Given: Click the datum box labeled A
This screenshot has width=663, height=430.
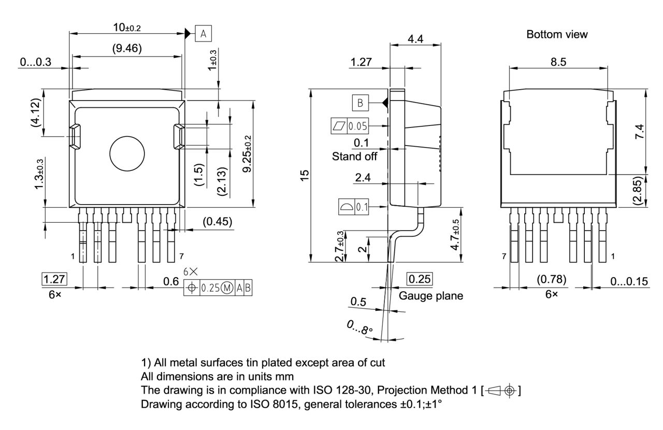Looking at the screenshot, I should click(204, 34).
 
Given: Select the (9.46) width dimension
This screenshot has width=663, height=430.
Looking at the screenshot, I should click(127, 49).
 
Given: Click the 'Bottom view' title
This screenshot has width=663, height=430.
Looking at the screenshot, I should click(557, 35).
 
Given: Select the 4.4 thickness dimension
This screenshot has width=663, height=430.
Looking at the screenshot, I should click(415, 39).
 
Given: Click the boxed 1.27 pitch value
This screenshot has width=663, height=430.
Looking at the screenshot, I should click(53, 278).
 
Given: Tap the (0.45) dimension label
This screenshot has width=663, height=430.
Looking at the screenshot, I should click(218, 222).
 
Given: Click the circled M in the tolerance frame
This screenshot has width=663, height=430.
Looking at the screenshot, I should click(227, 289).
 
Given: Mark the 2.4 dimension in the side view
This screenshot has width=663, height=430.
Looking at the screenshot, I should click(363, 178).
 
